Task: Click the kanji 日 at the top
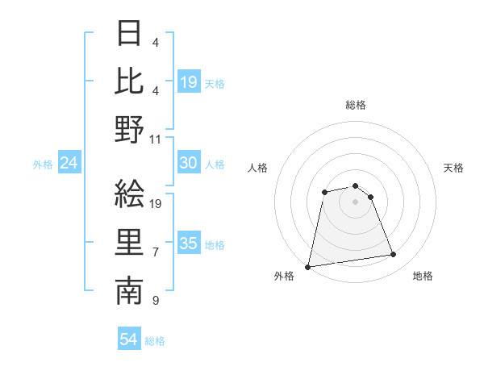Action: click(x=129, y=34)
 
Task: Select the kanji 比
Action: click(x=129, y=81)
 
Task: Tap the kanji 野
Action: click(x=129, y=129)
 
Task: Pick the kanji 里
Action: click(x=129, y=243)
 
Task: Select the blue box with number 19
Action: click(x=189, y=82)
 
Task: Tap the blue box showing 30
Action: click(x=189, y=163)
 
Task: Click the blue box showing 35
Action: click(x=189, y=244)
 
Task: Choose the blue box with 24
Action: click(x=69, y=163)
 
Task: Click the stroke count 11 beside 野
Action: click(x=156, y=139)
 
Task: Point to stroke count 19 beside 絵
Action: click(x=156, y=204)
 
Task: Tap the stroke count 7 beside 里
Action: click(x=156, y=252)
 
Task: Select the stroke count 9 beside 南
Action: click(x=156, y=301)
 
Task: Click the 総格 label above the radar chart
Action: click(x=355, y=105)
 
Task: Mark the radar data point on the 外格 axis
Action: click(x=308, y=266)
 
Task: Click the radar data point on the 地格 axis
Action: click(x=394, y=255)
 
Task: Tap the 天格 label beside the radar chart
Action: click(x=454, y=168)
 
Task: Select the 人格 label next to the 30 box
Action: click(x=215, y=164)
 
